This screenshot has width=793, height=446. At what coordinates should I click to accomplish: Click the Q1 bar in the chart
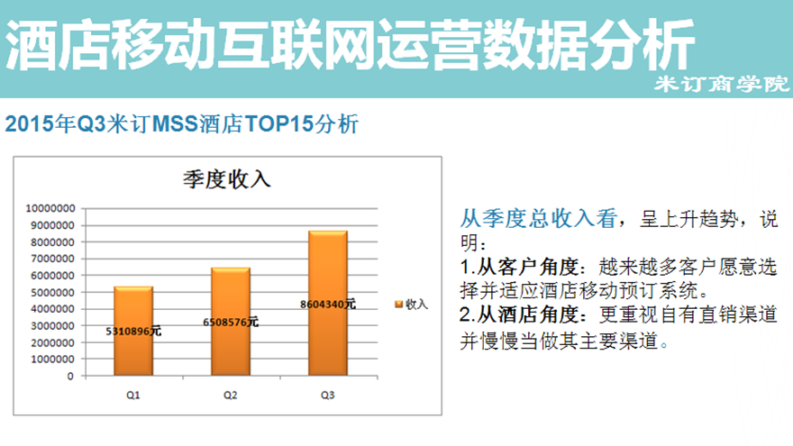click(133, 332)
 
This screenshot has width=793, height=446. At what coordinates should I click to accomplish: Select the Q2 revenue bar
click(231, 322)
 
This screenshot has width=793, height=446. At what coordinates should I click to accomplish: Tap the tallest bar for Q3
click(328, 304)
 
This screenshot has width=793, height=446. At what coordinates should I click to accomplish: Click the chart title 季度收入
click(227, 179)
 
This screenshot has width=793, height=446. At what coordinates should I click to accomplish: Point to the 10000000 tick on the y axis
click(50, 208)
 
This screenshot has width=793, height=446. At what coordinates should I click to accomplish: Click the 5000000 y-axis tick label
click(53, 292)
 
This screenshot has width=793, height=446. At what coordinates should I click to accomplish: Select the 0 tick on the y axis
click(70, 377)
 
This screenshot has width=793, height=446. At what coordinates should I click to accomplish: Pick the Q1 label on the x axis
click(133, 395)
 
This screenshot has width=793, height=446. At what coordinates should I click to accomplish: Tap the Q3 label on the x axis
click(328, 395)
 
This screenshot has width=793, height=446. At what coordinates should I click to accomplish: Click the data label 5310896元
click(133, 332)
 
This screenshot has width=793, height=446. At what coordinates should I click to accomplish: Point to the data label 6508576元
click(231, 323)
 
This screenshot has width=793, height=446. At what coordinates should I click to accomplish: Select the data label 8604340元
click(328, 305)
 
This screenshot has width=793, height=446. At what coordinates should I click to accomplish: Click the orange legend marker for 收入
click(398, 304)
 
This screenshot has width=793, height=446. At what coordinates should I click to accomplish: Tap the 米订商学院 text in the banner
click(722, 84)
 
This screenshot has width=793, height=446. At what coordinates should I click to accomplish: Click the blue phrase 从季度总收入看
click(538, 218)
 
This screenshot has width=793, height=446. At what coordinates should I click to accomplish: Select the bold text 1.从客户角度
click(519, 267)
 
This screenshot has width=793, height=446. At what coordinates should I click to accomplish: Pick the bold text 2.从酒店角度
click(519, 314)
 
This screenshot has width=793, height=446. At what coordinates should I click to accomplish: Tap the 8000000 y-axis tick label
click(53, 242)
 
